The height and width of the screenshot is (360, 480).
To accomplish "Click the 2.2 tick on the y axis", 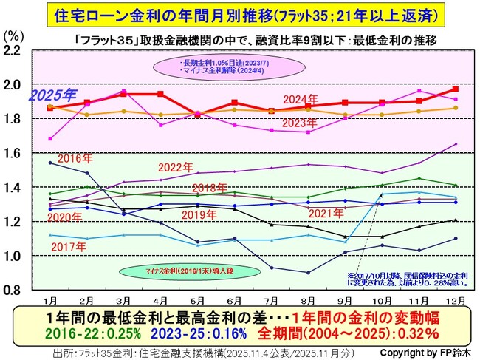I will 15,50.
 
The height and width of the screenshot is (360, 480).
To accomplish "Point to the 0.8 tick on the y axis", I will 15,290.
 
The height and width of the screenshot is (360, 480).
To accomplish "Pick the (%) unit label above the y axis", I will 13,34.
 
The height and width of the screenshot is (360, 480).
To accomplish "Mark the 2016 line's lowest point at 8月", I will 308,273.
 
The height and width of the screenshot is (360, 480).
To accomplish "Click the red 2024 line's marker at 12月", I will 455,89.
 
